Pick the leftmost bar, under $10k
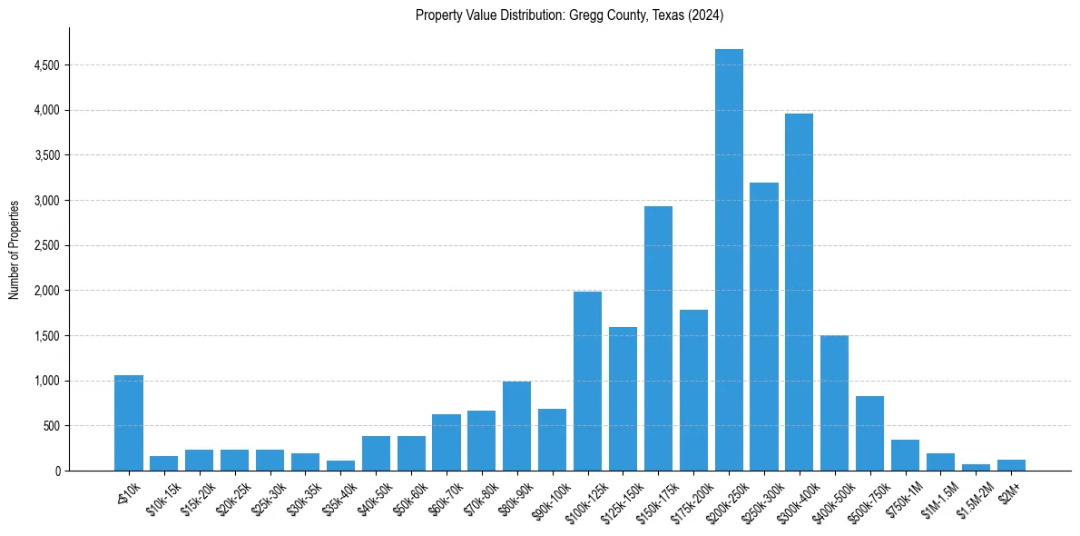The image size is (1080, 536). (x=129, y=423)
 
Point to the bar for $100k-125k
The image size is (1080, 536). (x=587, y=382)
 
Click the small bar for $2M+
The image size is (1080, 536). (x=1011, y=465)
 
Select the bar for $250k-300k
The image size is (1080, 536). (x=764, y=327)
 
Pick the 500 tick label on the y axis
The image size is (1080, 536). (x=53, y=426)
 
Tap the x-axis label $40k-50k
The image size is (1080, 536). (x=371, y=496)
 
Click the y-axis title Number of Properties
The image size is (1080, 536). (x=14, y=250)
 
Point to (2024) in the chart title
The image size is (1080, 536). (x=706, y=15)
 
